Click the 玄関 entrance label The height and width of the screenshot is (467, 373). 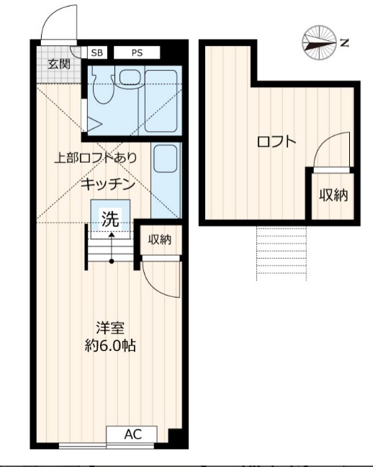point(59,63)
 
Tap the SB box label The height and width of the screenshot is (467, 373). point(96,53)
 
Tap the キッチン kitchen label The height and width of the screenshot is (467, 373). point(108,184)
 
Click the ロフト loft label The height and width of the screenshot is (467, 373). point(277,141)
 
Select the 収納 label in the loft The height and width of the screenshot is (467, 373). point(334,195)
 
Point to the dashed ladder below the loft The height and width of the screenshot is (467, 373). point(282,252)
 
